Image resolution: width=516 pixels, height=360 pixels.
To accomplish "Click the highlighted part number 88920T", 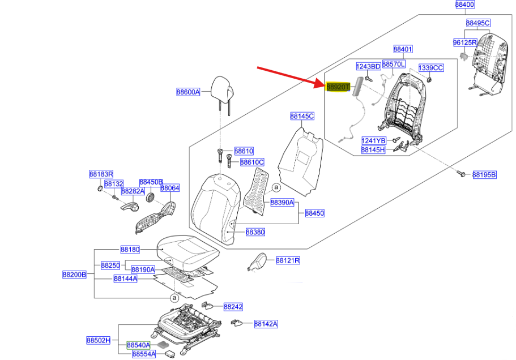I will pyautogui.click(x=338, y=87).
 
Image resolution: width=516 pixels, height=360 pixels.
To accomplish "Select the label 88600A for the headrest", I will pyautogui.click(x=188, y=92).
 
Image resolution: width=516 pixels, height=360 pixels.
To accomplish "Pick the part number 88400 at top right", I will pyautogui.click(x=465, y=5).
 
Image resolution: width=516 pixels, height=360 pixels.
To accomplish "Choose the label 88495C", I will pyautogui.click(x=478, y=23).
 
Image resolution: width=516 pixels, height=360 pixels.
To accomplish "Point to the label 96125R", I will pyautogui.click(x=465, y=42).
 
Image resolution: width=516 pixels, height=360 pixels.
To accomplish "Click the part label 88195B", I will pyautogui.click(x=484, y=175).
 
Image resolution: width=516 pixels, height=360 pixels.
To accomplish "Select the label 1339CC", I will pyautogui.click(x=430, y=68).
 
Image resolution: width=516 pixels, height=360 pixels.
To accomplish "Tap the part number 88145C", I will pyautogui.click(x=302, y=116).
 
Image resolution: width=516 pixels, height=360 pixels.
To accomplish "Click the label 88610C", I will pyautogui.click(x=252, y=162).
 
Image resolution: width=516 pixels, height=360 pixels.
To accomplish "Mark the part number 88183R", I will pyautogui.click(x=101, y=174).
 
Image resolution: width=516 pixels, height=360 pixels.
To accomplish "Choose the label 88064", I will pyautogui.click(x=170, y=188).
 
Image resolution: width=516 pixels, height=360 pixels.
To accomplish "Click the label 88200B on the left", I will pyautogui.click(x=74, y=275).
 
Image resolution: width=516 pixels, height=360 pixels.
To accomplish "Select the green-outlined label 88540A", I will pyautogui.click(x=138, y=345).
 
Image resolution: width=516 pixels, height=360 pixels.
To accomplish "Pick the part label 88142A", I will pyautogui.click(x=266, y=324).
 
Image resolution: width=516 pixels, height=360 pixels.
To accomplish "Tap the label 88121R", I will pyautogui.click(x=288, y=260).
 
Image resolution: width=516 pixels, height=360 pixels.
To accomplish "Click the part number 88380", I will pyautogui.click(x=255, y=232).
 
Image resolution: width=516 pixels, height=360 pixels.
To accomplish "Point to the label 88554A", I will pyautogui.click(x=144, y=354).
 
